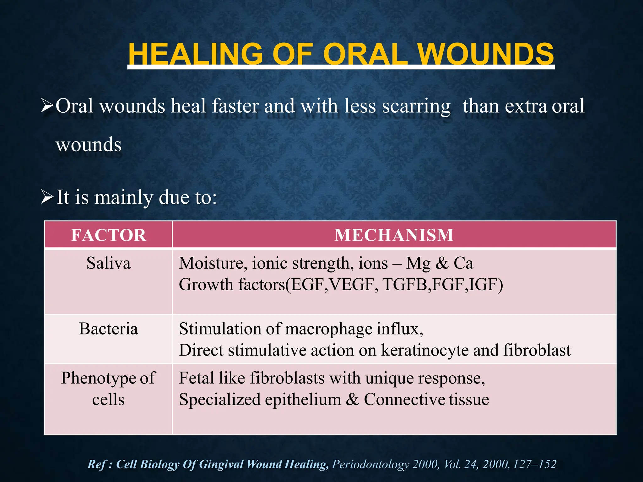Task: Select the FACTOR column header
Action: coord(108,235)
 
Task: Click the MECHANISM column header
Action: coord(394,235)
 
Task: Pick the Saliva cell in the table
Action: coord(108,263)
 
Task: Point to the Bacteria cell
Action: coord(108,329)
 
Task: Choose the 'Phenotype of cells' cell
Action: coord(108,388)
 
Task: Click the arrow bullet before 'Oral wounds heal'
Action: coord(47,106)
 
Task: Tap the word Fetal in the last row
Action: coord(196,378)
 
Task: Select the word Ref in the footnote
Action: coord(96,464)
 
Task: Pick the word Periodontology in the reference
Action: coord(370,464)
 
